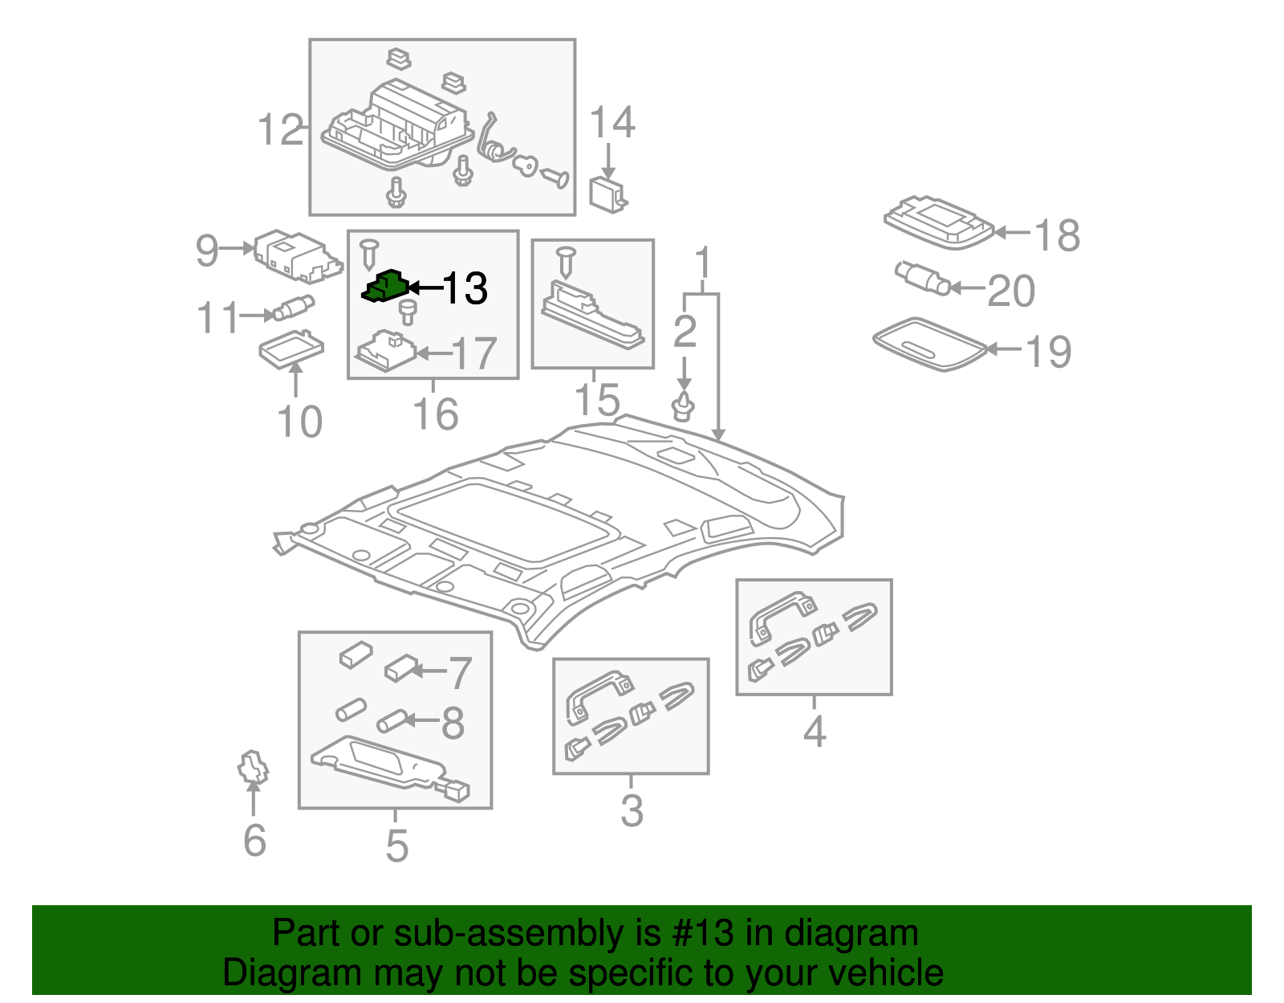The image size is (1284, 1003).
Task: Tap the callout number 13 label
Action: [465, 288]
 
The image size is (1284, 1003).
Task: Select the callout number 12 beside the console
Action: [280, 130]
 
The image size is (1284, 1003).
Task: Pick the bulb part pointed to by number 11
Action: [295, 308]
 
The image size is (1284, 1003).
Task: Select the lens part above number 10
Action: [291, 348]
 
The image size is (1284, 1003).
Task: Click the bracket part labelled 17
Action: [388, 351]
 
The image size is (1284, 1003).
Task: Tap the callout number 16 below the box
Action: [435, 414]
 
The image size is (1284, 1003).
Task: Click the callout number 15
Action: [597, 399]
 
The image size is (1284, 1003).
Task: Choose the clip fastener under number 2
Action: [684, 407]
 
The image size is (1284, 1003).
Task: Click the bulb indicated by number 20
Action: [923, 278]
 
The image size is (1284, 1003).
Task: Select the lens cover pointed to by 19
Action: [929, 344]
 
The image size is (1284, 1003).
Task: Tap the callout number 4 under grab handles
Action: [814, 731]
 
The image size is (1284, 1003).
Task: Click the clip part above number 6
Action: [253, 767]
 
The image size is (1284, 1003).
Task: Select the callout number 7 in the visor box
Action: [459, 672]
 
